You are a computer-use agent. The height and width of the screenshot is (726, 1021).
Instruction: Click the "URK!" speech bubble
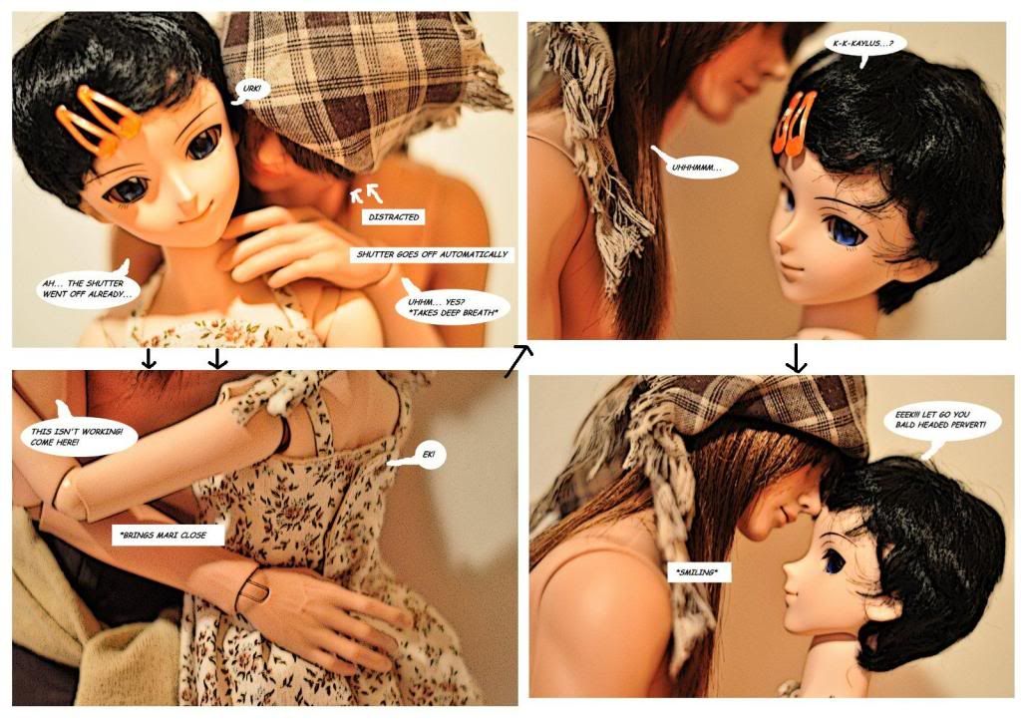251,90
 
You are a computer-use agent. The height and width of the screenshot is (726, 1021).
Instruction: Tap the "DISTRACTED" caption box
393,217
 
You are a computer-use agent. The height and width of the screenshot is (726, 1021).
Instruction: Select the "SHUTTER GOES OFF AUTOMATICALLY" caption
432,254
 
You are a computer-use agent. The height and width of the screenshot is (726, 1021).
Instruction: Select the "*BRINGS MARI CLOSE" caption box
168,536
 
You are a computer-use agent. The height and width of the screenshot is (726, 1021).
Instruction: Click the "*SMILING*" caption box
697,573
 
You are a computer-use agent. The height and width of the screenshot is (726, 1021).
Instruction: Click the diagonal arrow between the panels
518,361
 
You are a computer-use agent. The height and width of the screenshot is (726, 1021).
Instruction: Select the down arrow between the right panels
796,358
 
